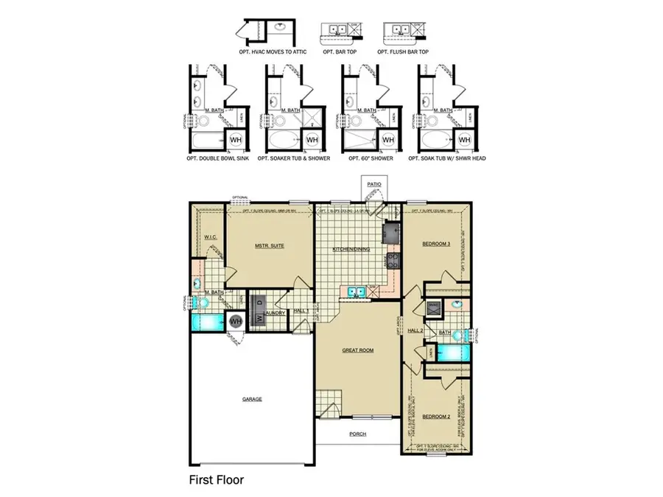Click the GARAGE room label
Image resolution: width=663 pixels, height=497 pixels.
[252, 399]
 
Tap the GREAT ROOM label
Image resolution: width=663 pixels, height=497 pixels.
[359, 350]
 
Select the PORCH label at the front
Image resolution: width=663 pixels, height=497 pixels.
[358, 434]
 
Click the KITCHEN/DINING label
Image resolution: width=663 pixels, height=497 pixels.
[351, 249]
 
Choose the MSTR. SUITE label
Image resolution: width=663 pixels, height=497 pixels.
[270, 245]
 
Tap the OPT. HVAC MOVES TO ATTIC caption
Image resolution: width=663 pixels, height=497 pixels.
[267, 52]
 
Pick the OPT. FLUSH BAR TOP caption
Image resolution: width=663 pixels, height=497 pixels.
[403, 52]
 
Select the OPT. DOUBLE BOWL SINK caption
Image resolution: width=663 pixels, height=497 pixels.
[217, 158]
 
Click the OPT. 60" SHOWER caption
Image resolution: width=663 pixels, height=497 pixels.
[369, 158]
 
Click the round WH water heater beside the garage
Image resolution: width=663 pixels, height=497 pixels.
[235, 321]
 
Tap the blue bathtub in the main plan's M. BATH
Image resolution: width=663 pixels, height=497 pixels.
[206, 321]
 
